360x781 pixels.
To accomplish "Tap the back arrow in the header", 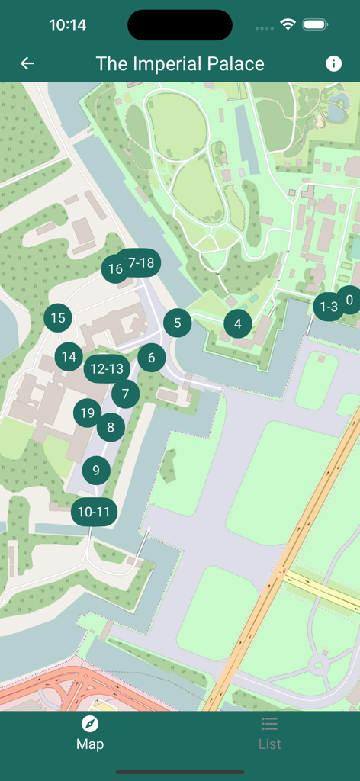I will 27,64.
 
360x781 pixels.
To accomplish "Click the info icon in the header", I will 333,64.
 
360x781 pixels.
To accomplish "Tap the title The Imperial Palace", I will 180,64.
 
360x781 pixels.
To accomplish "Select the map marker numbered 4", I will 238,324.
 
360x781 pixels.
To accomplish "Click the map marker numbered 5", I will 178,323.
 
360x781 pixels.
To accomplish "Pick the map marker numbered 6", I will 152,357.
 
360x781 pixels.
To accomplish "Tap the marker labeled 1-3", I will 328,307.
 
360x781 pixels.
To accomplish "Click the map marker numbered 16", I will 114,269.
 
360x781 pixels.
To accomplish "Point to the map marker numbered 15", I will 58,318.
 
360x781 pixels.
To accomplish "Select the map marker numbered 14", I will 69,356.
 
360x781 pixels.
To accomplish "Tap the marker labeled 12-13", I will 106,369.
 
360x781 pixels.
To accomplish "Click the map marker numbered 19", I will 87,413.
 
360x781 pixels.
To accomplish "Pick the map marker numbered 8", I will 111,427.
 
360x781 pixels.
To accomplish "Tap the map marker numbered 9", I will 96,471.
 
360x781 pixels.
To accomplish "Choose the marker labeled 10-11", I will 94,512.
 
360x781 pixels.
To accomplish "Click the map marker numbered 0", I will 350,300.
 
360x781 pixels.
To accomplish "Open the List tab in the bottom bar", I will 269,733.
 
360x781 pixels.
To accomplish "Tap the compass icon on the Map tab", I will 90,724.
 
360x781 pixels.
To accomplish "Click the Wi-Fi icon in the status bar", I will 288,24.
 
